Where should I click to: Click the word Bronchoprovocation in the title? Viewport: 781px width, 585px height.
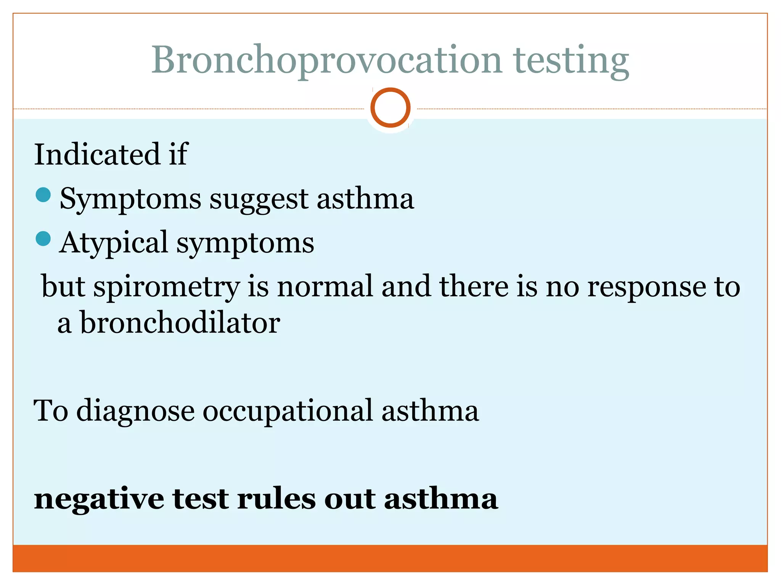[326, 60]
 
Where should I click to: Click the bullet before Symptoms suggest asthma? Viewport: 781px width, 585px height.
[43, 195]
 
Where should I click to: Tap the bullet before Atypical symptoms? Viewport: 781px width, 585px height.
[43, 239]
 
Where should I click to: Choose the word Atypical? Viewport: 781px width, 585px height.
[114, 243]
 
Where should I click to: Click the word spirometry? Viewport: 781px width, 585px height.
[167, 287]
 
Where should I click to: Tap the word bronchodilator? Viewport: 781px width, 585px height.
[180, 323]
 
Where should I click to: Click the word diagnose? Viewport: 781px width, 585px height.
[135, 411]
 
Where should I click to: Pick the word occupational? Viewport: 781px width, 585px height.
[288, 411]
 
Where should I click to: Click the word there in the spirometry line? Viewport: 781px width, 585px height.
[474, 286]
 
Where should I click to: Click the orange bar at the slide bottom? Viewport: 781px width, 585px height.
[390, 558]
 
